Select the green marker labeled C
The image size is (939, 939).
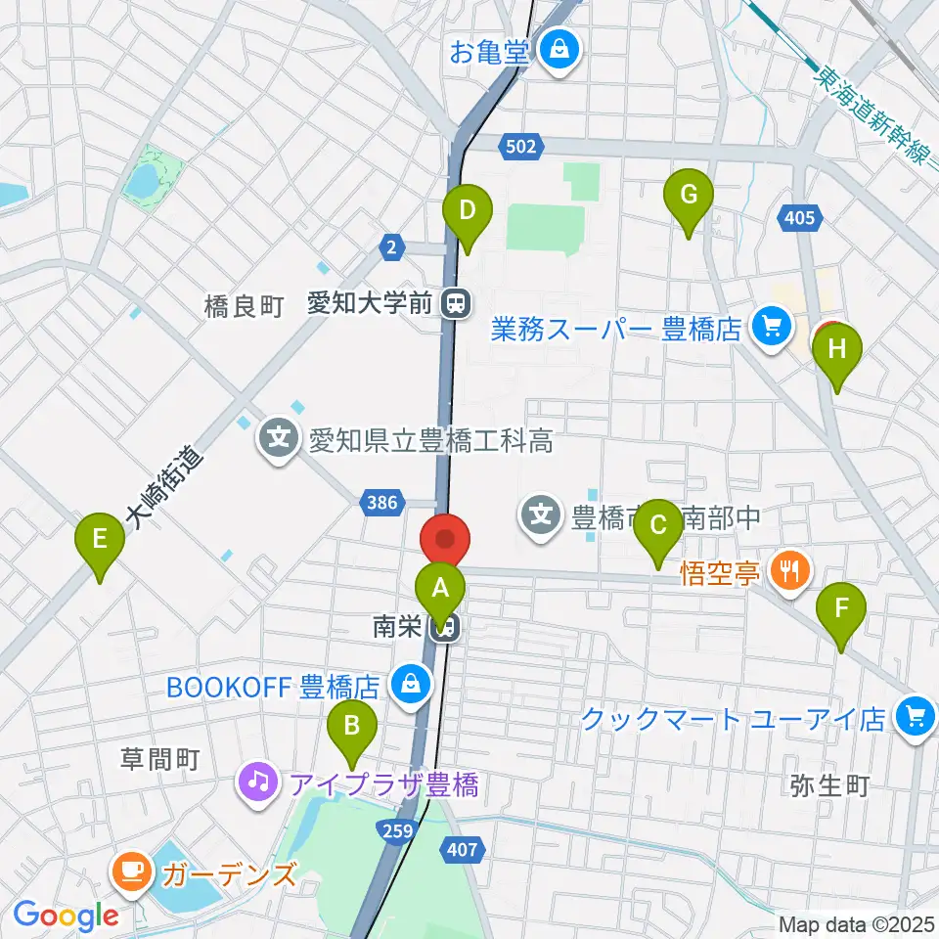(x=658, y=529)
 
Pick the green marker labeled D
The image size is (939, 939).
(x=468, y=210)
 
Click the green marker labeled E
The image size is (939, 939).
(x=99, y=540)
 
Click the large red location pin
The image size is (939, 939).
(x=445, y=539)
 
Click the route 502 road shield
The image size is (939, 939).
(x=521, y=146)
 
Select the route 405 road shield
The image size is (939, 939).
(x=798, y=218)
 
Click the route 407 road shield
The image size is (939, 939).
(x=463, y=850)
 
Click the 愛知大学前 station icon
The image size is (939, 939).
(x=454, y=304)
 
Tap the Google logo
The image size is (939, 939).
(x=66, y=917)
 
